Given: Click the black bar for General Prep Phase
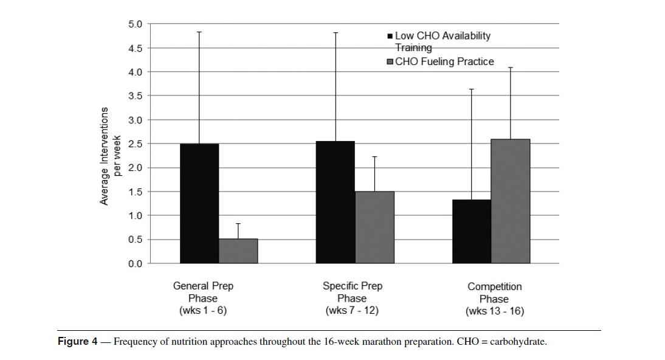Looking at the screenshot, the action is (x=199, y=204).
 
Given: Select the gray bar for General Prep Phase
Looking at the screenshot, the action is (x=238, y=251).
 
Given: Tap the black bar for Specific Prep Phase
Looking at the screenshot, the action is (x=336, y=202).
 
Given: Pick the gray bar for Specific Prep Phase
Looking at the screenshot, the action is (x=374, y=227).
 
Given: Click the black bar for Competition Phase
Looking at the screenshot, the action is (x=472, y=232).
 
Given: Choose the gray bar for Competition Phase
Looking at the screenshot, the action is (x=511, y=202).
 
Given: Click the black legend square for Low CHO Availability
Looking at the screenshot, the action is (x=390, y=36).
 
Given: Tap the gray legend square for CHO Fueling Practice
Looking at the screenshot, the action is (x=390, y=62).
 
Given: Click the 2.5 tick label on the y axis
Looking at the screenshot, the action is (x=136, y=144).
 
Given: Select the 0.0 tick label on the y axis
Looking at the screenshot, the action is (x=136, y=264).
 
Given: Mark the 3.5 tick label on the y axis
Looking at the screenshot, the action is (x=136, y=96).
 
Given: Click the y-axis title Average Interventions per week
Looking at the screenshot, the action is (x=110, y=156).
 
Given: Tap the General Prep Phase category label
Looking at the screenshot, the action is (x=203, y=299).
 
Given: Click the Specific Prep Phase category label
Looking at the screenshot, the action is (x=352, y=299).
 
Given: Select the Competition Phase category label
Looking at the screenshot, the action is (x=495, y=299).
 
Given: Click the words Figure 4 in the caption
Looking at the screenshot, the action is (x=78, y=341).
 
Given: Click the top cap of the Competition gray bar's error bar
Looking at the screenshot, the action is (x=511, y=67).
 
